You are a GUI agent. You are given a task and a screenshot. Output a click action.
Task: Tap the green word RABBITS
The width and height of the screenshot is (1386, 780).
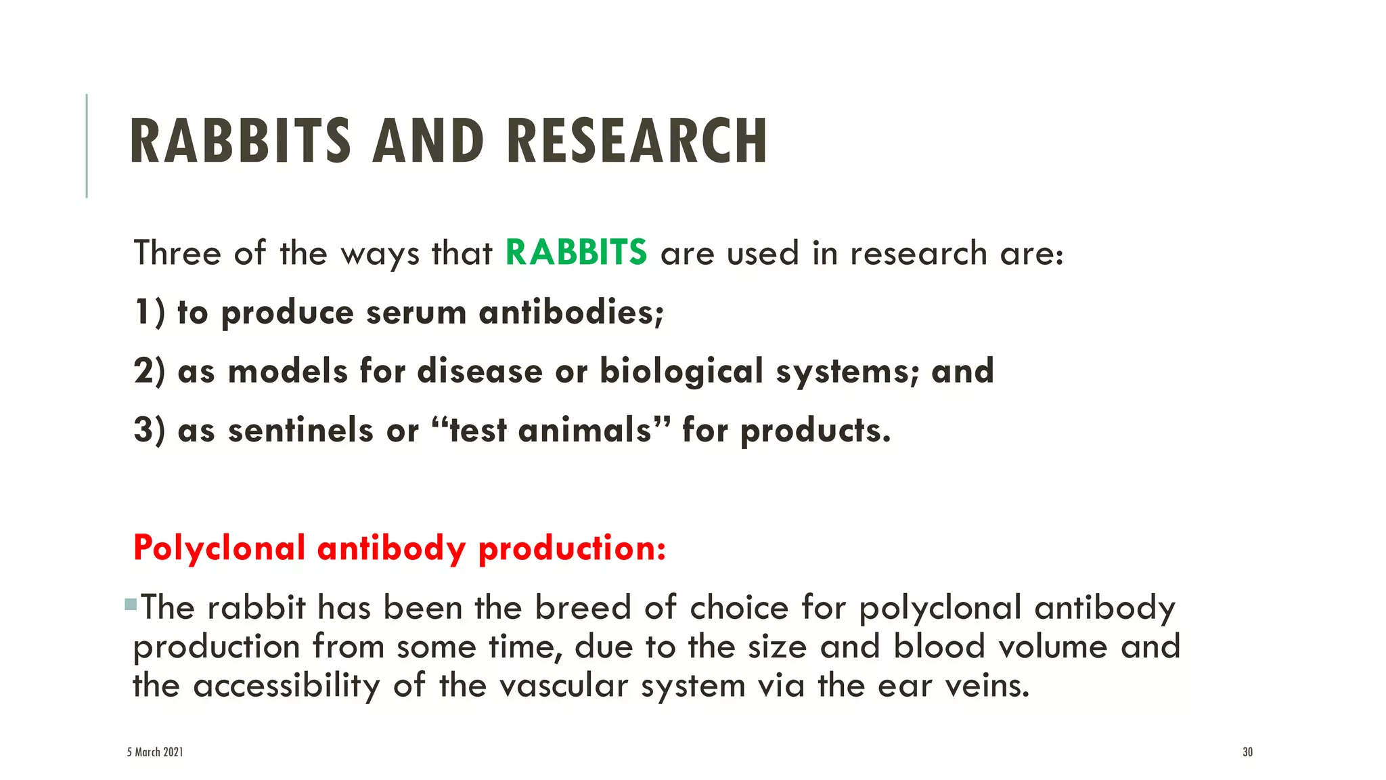point(576,253)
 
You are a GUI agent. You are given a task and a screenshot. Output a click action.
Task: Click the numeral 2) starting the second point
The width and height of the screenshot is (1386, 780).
point(149,371)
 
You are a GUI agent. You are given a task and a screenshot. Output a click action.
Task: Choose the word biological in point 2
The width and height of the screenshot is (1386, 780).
point(681,371)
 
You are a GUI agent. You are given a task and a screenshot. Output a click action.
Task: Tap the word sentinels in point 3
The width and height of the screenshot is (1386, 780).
point(300,430)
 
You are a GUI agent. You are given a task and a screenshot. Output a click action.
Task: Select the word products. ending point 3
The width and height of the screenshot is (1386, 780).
point(815,430)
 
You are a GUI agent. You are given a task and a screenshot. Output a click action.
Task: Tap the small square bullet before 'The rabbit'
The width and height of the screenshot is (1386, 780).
point(131,604)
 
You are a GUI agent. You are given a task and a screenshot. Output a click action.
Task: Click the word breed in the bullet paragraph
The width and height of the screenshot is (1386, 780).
point(583,607)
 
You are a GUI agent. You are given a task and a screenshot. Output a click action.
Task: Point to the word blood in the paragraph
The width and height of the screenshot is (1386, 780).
point(939,646)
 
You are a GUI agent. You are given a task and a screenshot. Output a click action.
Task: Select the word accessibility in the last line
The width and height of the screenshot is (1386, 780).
point(287,685)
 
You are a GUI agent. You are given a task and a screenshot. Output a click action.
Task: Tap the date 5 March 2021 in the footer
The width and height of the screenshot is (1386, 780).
point(155,752)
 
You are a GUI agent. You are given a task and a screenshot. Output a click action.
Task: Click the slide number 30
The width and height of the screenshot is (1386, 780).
point(1247,752)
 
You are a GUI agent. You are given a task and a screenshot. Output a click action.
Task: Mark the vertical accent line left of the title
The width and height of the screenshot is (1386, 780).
point(87,146)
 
